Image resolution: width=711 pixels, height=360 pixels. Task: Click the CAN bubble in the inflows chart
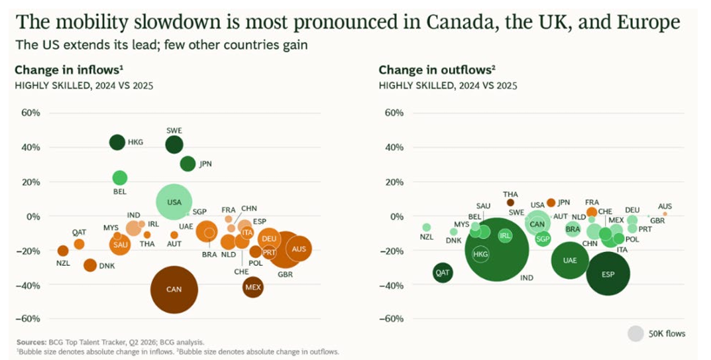point(174,290)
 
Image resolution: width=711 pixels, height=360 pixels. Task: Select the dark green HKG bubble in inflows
point(117,142)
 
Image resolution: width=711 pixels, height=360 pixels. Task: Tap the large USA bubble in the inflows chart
point(174,202)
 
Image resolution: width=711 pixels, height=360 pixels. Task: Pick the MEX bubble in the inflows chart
point(253,287)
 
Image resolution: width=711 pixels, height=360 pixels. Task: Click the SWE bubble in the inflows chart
point(174,145)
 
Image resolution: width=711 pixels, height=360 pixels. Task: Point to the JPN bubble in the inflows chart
point(188,164)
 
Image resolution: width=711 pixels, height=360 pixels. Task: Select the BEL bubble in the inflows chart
point(120,178)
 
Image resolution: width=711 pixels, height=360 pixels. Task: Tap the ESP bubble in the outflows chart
point(608,274)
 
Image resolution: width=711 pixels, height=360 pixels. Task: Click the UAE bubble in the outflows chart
point(570,260)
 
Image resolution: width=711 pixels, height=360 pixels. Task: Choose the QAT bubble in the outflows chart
point(443,273)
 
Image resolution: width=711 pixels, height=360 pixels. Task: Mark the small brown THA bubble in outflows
point(510,202)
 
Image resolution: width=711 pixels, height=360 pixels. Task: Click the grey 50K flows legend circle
point(635,333)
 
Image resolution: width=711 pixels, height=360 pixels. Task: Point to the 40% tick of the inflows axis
point(30,148)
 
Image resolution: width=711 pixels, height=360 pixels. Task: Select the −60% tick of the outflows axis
point(392,319)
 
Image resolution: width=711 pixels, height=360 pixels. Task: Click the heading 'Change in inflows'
point(69,70)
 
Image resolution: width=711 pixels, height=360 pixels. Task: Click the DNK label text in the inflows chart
point(107,266)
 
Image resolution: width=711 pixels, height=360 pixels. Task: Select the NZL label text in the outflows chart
point(426,237)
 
